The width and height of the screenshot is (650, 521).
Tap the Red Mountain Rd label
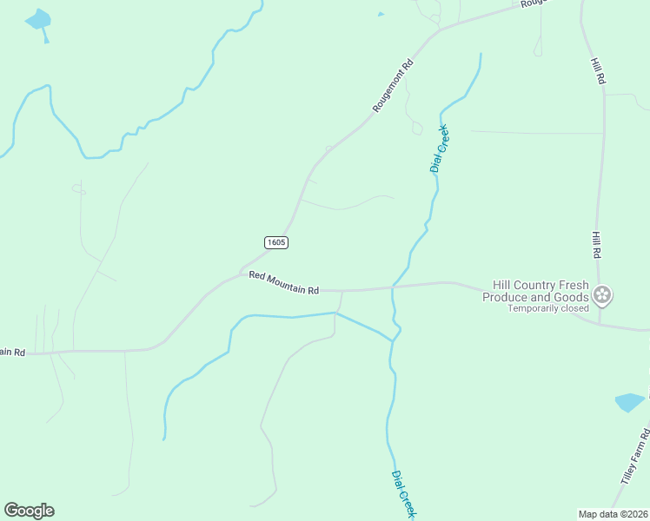(284, 282)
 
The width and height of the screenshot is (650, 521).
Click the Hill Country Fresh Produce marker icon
(603, 296)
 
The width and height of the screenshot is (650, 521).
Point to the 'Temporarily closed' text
(548, 308)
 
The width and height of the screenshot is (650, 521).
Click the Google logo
(29, 511)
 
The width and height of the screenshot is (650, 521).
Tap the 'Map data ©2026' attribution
(614, 513)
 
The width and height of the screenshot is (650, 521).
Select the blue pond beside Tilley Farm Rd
(630, 402)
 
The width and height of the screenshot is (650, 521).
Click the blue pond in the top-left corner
(38, 20)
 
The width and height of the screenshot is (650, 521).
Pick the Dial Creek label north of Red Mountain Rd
(440, 148)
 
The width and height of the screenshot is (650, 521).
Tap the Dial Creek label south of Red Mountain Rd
(404, 495)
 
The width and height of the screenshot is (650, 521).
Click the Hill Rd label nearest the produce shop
(597, 242)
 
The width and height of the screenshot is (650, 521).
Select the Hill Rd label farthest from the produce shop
(599, 71)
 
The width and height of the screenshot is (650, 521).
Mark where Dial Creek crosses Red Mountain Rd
(393, 287)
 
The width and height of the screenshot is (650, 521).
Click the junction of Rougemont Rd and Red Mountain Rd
(241, 274)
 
